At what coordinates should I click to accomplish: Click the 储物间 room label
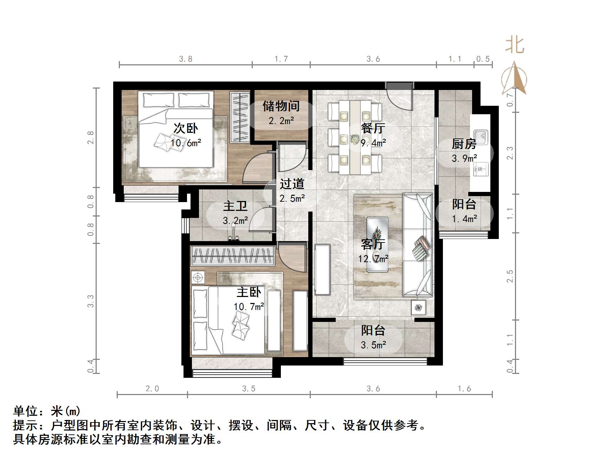point(281,106)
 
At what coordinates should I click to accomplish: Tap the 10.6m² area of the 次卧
point(186,143)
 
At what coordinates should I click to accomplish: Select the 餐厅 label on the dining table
point(373,128)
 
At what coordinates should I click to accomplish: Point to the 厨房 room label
point(464,144)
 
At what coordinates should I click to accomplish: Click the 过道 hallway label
point(292,184)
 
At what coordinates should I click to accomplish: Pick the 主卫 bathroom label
point(235,206)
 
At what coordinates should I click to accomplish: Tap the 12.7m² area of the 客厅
point(373,259)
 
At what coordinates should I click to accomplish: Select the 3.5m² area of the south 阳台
point(373,345)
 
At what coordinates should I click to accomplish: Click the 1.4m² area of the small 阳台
point(464,219)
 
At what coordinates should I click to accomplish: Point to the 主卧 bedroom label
point(249,292)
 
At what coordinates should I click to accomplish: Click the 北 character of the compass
point(515,45)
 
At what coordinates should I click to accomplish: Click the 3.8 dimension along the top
point(186,59)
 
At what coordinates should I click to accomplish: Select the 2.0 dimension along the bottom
point(152,388)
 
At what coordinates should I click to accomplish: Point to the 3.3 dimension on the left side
point(91,301)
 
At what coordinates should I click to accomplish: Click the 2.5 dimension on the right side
point(510,276)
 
